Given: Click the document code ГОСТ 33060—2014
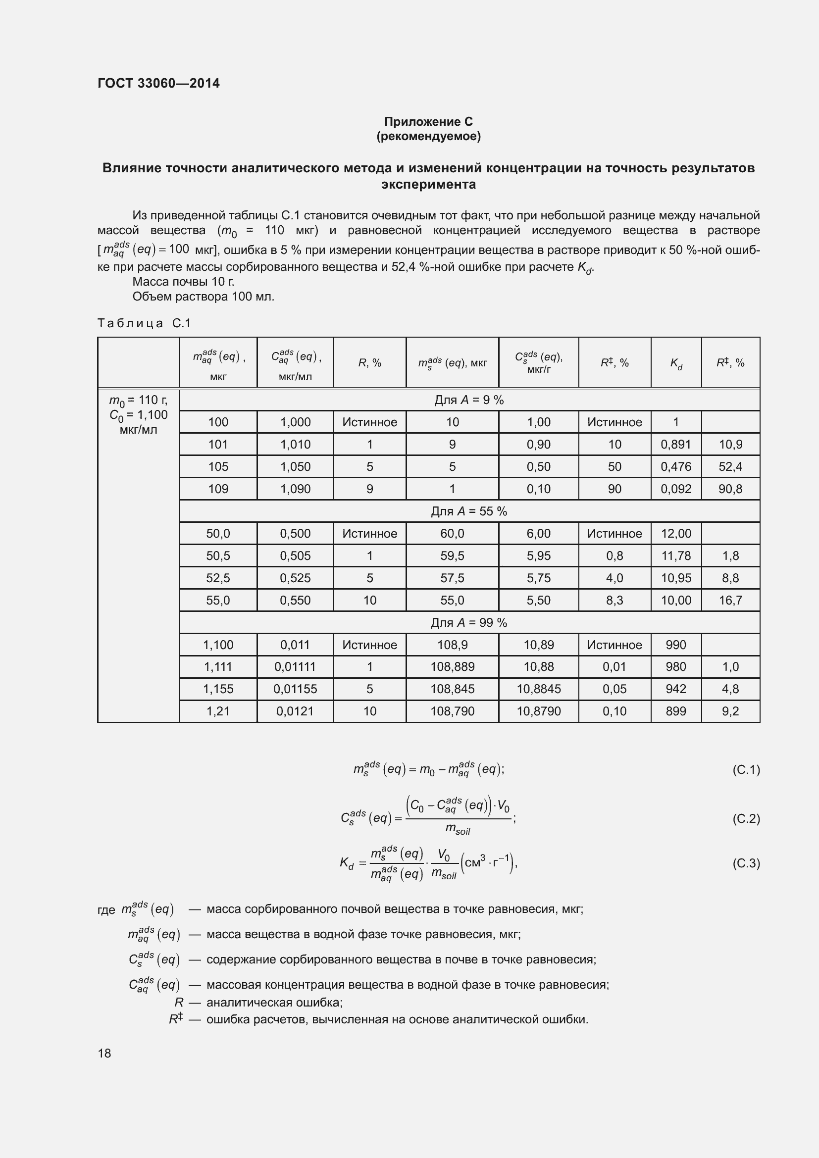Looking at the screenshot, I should click(158, 83).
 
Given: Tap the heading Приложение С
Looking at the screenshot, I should click(428, 122).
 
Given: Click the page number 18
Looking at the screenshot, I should click(104, 1053).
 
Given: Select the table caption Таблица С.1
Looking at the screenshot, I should click(144, 323).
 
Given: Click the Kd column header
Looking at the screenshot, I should click(676, 362).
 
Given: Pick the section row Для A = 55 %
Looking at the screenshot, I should click(468, 511).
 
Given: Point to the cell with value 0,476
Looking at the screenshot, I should click(676, 466).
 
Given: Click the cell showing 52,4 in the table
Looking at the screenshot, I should click(730, 466).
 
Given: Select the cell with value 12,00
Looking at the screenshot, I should click(676, 533).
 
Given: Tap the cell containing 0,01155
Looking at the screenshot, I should click(295, 689).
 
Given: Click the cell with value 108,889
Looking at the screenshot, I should click(452, 666).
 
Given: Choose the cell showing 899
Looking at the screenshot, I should click(676, 710).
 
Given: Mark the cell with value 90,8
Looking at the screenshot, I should click(730, 489).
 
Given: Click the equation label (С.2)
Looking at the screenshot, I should click(745, 818).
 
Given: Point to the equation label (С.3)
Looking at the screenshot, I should click(745, 863).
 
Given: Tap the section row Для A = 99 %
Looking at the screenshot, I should click(468, 622).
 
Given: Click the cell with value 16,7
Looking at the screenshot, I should click(730, 600).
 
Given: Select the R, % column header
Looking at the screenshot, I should click(370, 362).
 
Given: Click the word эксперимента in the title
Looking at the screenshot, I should click(428, 184).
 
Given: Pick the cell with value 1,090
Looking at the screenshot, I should click(295, 489).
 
